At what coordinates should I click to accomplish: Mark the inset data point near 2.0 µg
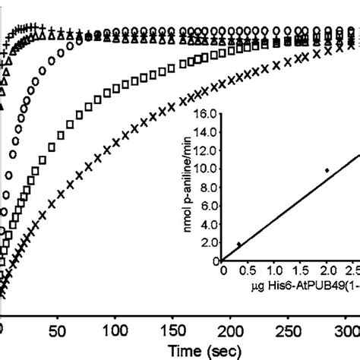point(327,170)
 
